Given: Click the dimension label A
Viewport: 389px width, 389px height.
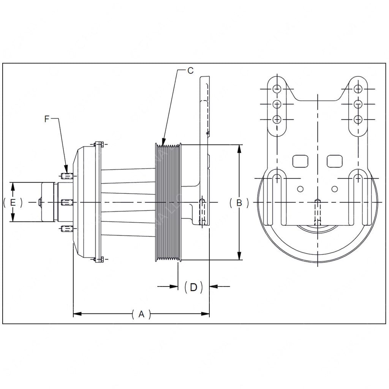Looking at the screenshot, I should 141,314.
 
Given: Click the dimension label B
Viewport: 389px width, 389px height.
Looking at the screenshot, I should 239,202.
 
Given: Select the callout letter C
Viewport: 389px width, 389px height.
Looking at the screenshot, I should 190,70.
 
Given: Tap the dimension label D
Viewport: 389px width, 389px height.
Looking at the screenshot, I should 193,287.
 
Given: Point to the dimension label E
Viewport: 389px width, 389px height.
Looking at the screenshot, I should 13,202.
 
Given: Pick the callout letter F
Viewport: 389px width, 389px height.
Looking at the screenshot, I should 47,119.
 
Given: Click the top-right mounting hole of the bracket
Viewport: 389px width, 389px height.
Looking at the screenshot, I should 357,89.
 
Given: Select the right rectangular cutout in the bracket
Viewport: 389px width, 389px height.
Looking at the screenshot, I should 335,161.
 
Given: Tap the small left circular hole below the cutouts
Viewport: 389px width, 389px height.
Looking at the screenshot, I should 300,189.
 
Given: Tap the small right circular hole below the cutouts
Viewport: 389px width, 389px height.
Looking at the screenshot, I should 334,189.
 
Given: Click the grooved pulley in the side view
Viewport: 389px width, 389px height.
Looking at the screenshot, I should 168,202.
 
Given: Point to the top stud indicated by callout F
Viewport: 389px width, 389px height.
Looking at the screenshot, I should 66,176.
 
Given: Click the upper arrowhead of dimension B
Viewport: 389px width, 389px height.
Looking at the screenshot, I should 239,149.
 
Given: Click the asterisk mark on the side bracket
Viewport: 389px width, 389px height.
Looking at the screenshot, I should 207,133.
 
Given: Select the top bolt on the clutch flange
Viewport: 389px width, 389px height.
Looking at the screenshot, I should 98,144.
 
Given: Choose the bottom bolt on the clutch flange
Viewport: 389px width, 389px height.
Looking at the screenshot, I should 98,259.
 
